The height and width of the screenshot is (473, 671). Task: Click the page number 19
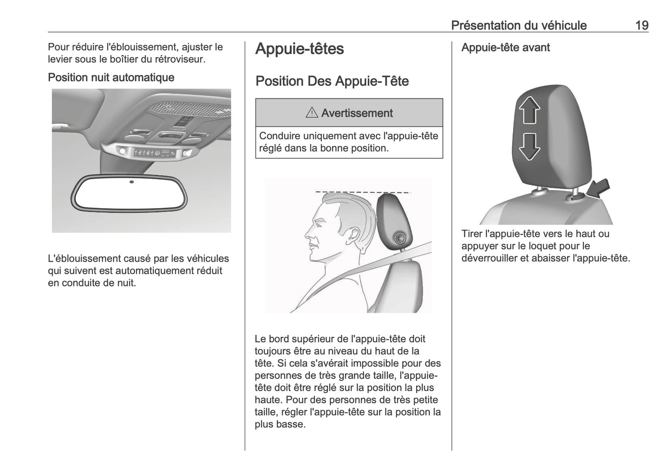pyautogui.click(x=642, y=25)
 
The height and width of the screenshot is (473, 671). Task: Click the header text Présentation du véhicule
pyautogui.click(x=519, y=25)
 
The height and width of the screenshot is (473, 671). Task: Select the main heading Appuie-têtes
pyautogui.click(x=300, y=49)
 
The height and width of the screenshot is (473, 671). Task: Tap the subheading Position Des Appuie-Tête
pyautogui.click(x=332, y=81)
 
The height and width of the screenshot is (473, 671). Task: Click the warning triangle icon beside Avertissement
pyautogui.click(x=312, y=113)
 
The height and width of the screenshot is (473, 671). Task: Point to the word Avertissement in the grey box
pyautogui.click(x=357, y=113)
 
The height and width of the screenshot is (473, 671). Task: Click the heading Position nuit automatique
pyautogui.click(x=111, y=77)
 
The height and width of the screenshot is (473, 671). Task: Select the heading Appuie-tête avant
pyautogui.click(x=505, y=47)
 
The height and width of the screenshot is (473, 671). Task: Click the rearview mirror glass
pyautogui.click(x=129, y=195)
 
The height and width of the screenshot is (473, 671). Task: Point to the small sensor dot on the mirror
pyautogui.click(x=131, y=182)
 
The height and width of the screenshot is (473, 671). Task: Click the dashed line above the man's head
pyautogui.click(x=362, y=191)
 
